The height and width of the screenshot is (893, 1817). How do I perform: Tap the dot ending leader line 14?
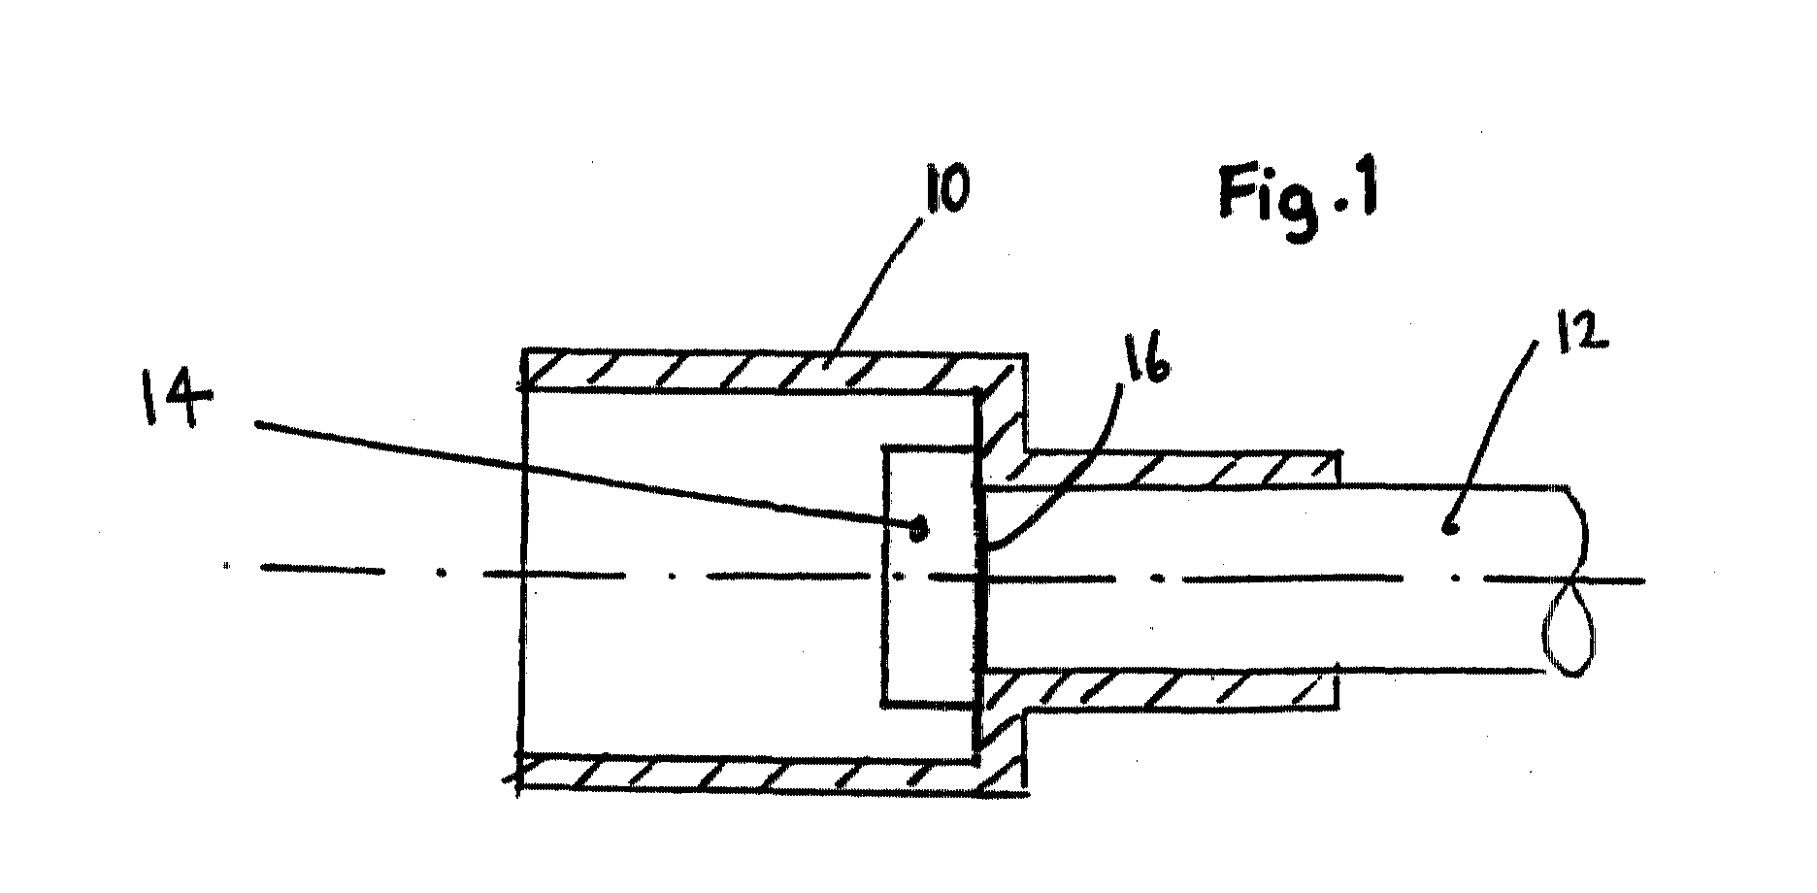[x=917, y=529]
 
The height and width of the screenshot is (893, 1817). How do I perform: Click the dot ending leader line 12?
[x=1450, y=529]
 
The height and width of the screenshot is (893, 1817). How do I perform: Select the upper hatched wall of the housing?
[x=772, y=370]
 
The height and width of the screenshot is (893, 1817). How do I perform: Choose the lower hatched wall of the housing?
[x=772, y=775]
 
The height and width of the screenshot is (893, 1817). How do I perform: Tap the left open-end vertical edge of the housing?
[x=525, y=573]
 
